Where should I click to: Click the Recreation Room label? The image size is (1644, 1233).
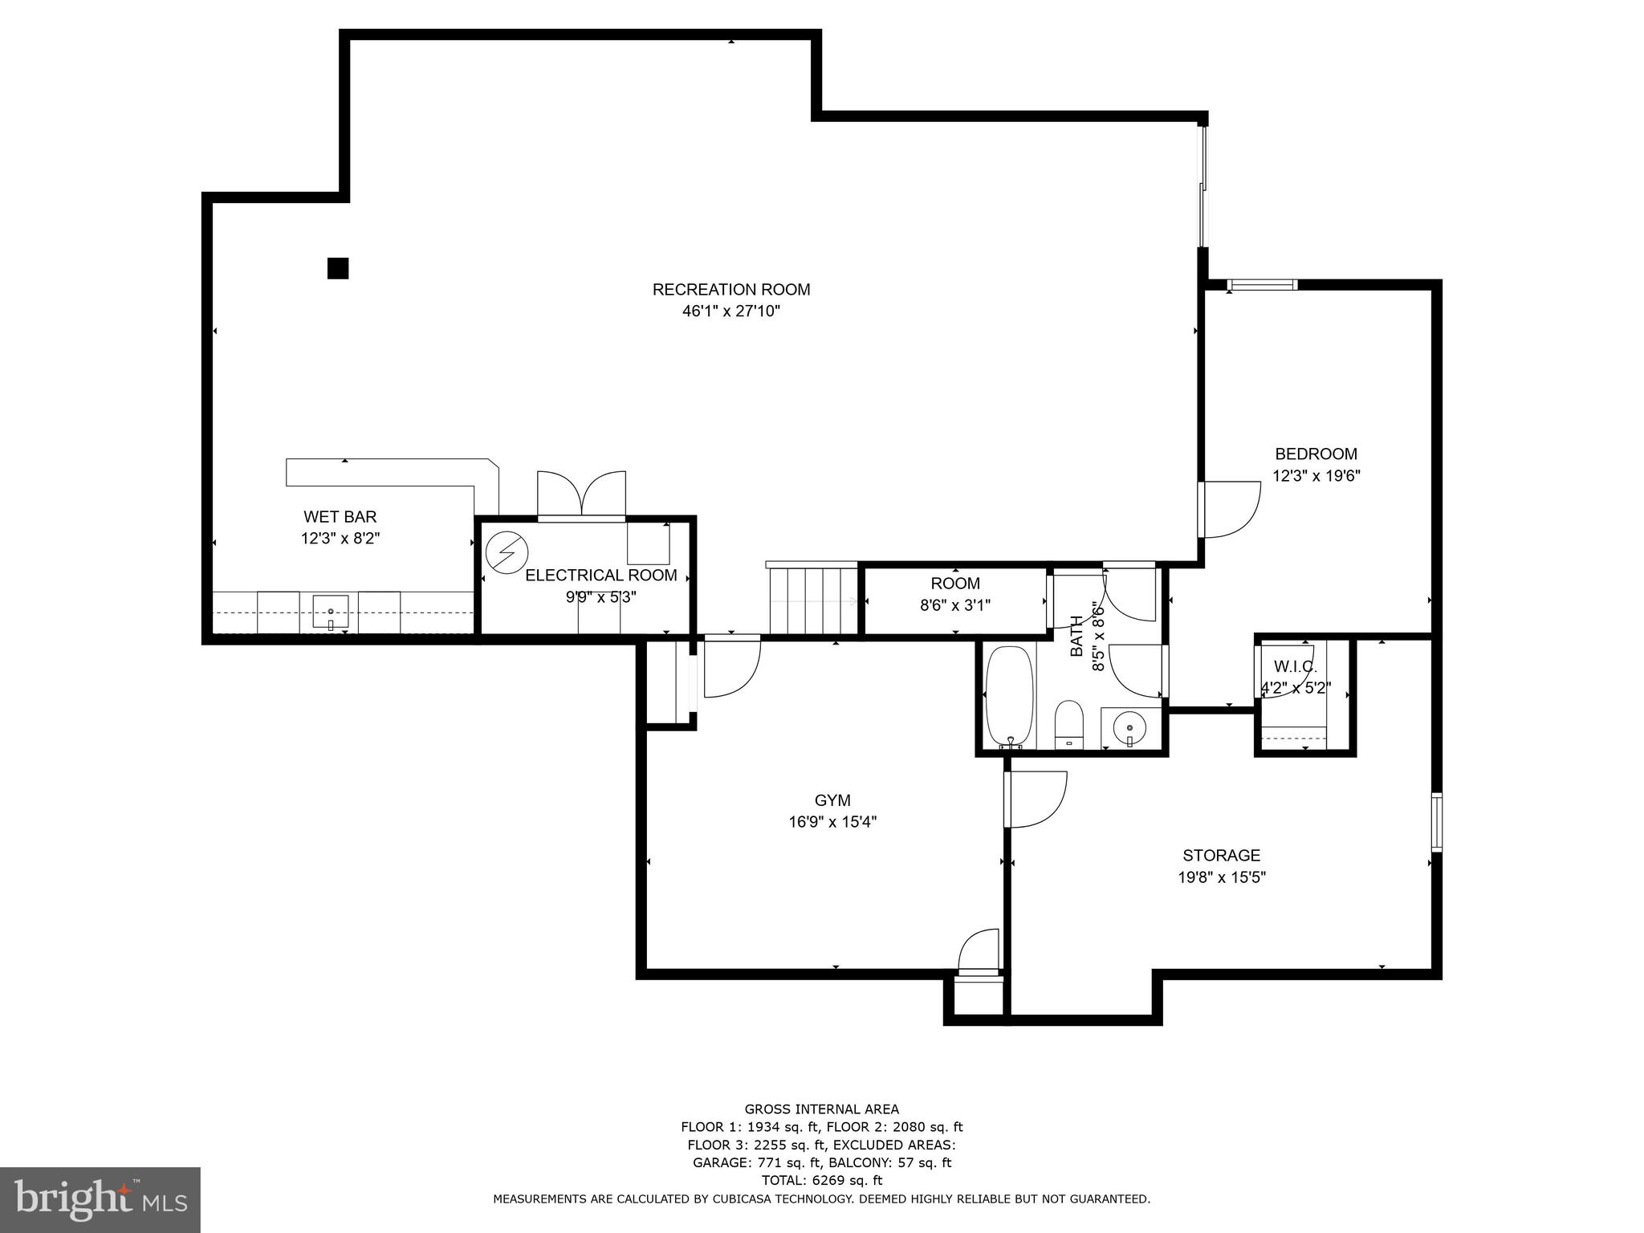[x=730, y=289]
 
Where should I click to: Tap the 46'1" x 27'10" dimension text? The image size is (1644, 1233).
[x=730, y=311]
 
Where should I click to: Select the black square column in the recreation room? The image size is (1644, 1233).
[x=338, y=268]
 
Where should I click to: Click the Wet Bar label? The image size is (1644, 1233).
[x=340, y=517]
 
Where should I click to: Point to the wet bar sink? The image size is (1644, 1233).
[x=330, y=614]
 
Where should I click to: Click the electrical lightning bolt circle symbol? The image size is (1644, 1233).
[x=507, y=552]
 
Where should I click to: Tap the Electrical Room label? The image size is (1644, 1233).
[x=600, y=576]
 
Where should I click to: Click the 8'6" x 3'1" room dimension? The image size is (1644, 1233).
[x=954, y=605]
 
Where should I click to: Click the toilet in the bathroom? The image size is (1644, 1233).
[x=1068, y=723]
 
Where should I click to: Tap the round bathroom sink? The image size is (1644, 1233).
[x=1129, y=727]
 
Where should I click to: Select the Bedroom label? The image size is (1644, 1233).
[x=1316, y=454]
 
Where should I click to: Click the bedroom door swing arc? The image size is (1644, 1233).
[x=1232, y=509]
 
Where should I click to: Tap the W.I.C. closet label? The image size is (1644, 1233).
[x=1294, y=667]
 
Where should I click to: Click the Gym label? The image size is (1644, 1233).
[x=832, y=800]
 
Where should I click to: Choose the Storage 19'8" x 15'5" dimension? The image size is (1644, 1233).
[x=1221, y=877]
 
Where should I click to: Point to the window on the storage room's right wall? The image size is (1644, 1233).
[x=1436, y=821]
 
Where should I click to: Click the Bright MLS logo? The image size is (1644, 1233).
[x=100, y=1199]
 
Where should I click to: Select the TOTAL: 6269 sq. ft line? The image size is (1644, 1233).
[x=821, y=1180]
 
